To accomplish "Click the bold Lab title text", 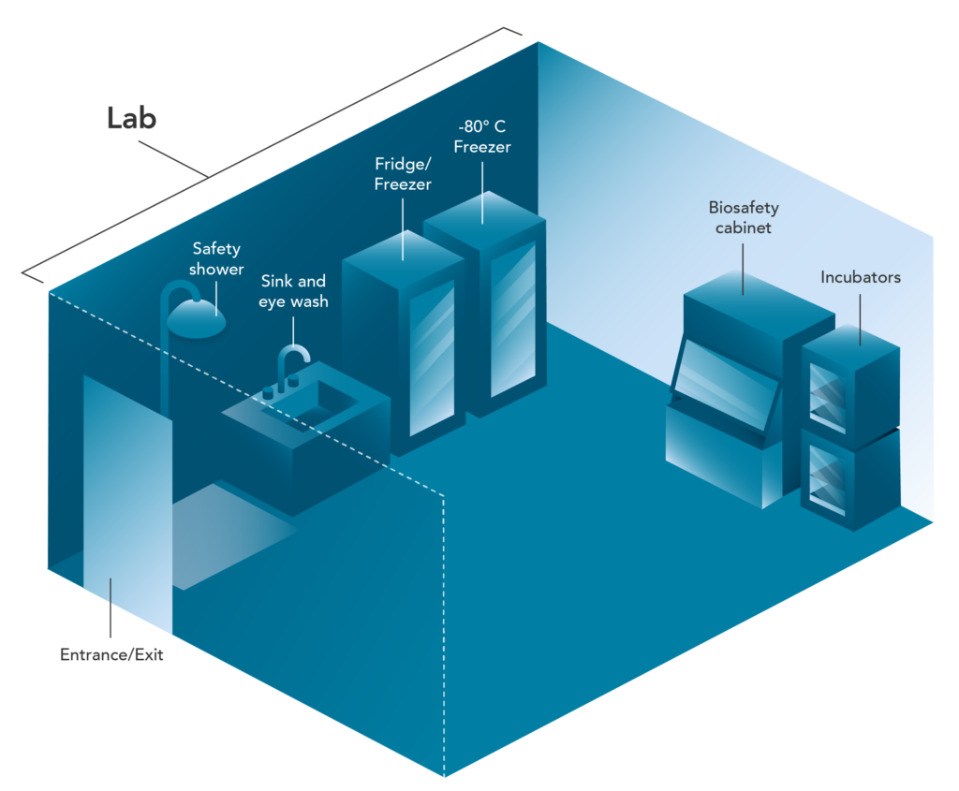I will click(x=131, y=119).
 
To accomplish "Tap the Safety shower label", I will click(x=216, y=258).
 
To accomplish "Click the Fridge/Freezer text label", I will click(x=403, y=175).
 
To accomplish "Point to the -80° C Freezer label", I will click(x=482, y=137).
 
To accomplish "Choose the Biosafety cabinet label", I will click(x=744, y=216).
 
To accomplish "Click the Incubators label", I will click(x=861, y=278).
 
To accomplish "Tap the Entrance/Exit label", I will click(x=111, y=655).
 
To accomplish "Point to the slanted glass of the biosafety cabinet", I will click(x=726, y=388).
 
